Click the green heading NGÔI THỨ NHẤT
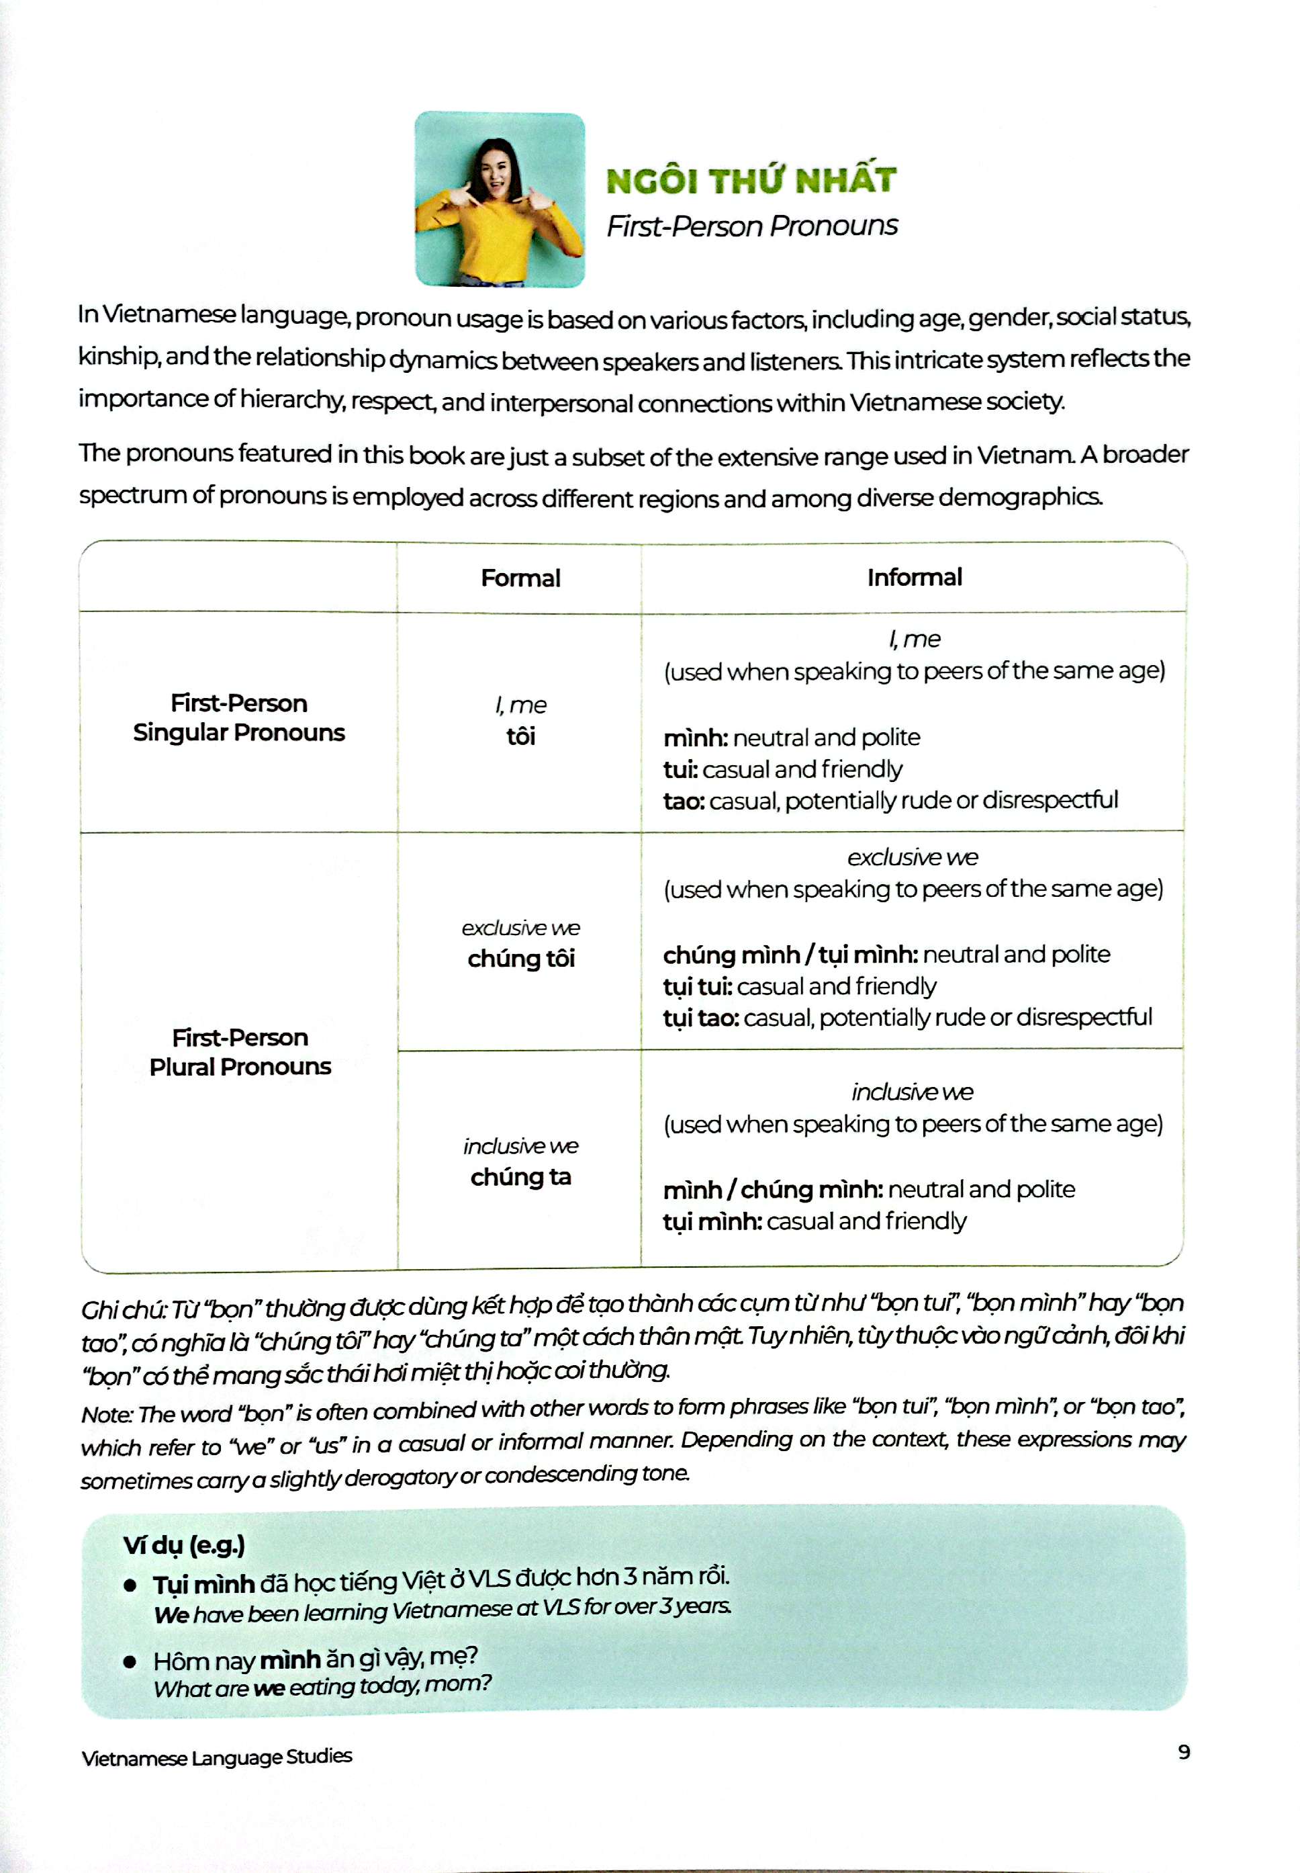(x=750, y=180)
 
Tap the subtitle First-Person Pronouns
(x=751, y=226)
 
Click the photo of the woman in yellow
(x=500, y=200)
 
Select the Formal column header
(x=520, y=578)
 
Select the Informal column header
(x=914, y=577)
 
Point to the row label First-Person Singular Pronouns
(x=238, y=717)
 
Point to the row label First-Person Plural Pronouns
(x=240, y=1052)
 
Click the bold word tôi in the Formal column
(x=520, y=736)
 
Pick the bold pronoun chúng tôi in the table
(x=520, y=958)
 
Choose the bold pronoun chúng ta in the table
(x=520, y=1176)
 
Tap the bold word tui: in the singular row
(x=681, y=769)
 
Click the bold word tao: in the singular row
(x=684, y=801)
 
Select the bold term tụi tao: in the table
(x=700, y=1018)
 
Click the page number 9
(x=1184, y=1751)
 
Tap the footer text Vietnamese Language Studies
(x=217, y=1757)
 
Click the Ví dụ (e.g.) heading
(x=184, y=1544)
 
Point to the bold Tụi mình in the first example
(x=203, y=1583)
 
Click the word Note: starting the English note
(x=106, y=1414)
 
